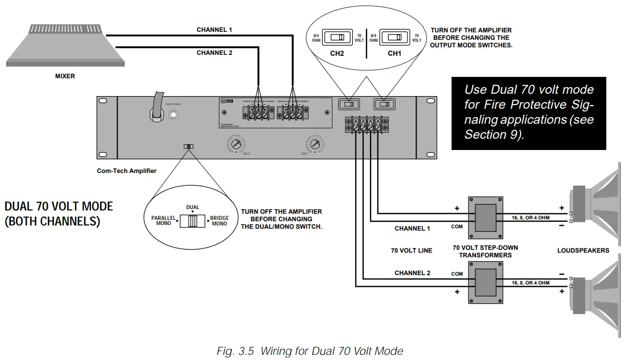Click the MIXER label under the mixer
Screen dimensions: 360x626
click(x=65, y=76)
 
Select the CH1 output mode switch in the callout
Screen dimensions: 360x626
click(x=394, y=37)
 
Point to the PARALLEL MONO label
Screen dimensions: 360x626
click(x=164, y=221)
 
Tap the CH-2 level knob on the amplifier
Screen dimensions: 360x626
click(x=236, y=143)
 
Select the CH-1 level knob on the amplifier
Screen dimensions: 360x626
click(x=314, y=143)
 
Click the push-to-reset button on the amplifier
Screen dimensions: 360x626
click(x=174, y=114)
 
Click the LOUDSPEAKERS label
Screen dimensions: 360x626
click(x=583, y=250)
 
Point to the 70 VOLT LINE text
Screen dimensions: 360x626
click(x=411, y=250)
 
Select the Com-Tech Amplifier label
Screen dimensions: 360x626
click(x=127, y=171)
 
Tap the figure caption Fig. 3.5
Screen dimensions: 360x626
click(x=310, y=351)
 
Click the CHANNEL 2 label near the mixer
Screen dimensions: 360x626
click(x=214, y=53)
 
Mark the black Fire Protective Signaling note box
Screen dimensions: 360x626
click(x=528, y=113)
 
